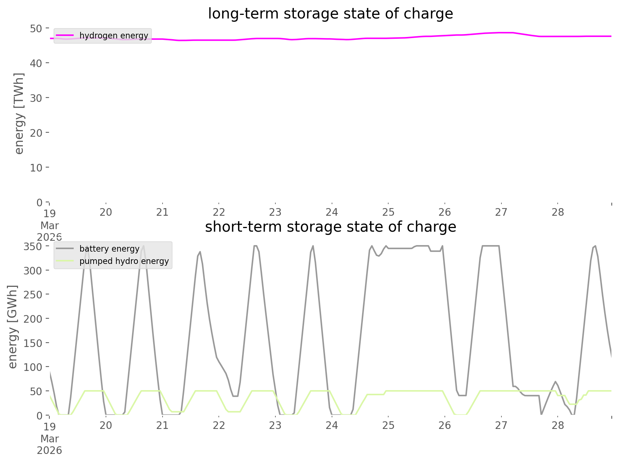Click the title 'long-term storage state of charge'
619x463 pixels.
pos(330,14)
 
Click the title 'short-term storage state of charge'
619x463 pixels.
pos(330,227)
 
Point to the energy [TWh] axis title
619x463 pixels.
pos(19,113)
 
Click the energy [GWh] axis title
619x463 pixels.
pos(13,327)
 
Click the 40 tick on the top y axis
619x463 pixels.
pos(36,63)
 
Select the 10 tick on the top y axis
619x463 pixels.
pos(36,168)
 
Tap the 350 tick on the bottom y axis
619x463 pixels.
pos(33,247)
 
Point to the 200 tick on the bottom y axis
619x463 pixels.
pos(33,319)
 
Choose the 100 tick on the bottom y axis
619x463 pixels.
pos(33,367)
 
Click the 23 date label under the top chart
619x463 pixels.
pos(275,212)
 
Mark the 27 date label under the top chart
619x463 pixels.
pos(501,212)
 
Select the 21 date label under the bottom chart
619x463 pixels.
pos(162,425)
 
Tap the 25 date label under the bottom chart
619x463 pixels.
pos(388,425)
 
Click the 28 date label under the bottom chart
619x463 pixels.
pos(558,425)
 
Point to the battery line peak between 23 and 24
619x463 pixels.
pos(313,246)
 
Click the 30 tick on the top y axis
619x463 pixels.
pos(36,98)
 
